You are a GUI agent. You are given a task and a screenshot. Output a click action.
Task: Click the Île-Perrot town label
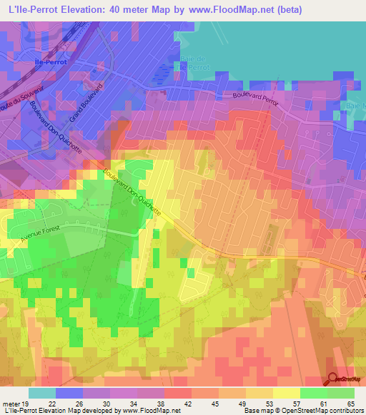click(51, 62)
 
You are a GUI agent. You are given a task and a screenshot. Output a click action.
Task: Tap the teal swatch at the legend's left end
click(41, 393)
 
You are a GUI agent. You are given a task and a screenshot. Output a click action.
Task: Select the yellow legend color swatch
click(287, 393)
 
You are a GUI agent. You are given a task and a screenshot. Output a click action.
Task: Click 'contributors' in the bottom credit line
click(345, 411)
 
